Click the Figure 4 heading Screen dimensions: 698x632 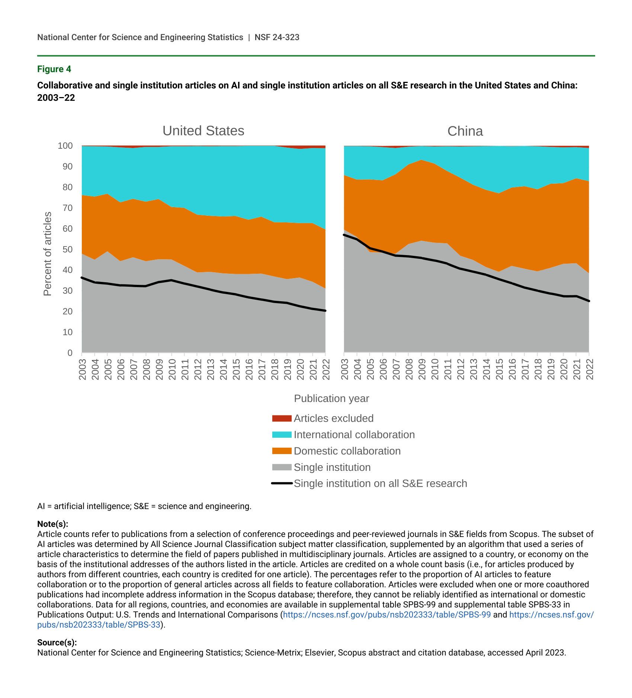coord(54,69)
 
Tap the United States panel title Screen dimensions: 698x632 coord(203,131)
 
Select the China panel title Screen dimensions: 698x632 coord(465,131)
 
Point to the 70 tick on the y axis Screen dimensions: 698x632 coord(68,208)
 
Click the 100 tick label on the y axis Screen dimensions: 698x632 coord(65,146)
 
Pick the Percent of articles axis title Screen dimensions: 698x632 coord(47,254)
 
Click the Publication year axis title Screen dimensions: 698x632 coord(331,399)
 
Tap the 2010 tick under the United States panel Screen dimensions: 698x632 coord(172,369)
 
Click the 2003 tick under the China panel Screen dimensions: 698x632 coord(345,369)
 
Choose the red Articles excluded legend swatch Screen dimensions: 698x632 coord(282,418)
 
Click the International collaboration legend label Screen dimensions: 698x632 coord(354,435)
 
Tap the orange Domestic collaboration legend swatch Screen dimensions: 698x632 coord(282,451)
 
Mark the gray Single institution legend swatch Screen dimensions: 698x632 coord(282,467)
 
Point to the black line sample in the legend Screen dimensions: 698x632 coord(282,483)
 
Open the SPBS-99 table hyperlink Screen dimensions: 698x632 coord(387,615)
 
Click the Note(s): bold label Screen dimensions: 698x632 coord(52,524)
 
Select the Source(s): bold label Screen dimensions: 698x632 coord(57,643)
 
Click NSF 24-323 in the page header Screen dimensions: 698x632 coord(277,37)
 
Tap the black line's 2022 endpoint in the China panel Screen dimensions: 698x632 coord(589,301)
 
